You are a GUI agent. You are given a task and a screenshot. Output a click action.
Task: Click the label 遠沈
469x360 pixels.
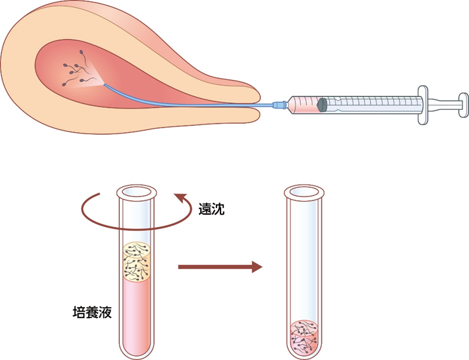[x=211, y=209]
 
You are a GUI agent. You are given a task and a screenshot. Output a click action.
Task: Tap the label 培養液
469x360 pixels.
[x=92, y=312]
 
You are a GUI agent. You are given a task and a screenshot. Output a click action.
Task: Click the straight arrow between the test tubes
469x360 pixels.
[x=220, y=266]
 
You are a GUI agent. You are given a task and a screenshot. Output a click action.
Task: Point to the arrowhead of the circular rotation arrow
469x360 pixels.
[x=181, y=198]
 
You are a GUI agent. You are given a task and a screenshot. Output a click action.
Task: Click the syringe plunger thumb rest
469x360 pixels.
[x=463, y=105]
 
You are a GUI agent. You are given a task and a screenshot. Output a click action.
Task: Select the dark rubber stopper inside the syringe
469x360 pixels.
[x=322, y=105]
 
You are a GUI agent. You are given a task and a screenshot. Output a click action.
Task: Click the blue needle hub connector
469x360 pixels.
[x=280, y=105]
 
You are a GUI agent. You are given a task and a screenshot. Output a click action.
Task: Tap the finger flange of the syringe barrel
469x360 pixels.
[x=423, y=105]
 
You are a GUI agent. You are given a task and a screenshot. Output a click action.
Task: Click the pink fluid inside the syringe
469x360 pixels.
[x=304, y=105]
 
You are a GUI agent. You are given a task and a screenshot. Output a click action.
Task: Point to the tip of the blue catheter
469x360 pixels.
[x=105, y=84]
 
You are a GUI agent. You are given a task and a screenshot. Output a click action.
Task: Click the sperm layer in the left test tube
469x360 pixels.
[x=137, y=262]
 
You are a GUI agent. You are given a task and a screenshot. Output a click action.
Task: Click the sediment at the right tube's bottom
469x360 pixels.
[x=305, y=338]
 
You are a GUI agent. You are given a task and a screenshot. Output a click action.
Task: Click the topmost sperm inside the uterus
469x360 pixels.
[x=81, y=52]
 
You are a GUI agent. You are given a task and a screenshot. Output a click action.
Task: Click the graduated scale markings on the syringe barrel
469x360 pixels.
[x=374, y=101]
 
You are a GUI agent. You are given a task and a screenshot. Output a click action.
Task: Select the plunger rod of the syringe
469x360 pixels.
[x=443, y=105]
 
